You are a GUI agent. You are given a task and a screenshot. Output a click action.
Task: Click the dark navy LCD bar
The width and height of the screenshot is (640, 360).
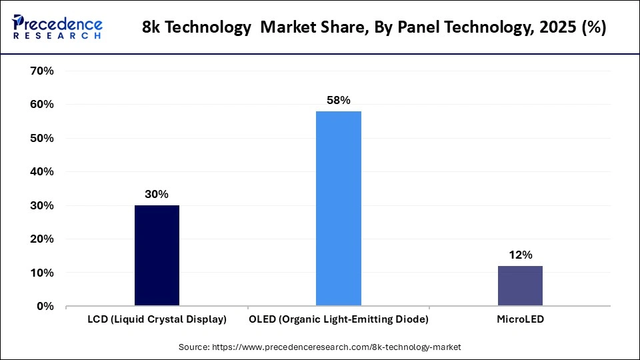157,256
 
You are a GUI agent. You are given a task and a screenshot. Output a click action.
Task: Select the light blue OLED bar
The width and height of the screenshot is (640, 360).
339,209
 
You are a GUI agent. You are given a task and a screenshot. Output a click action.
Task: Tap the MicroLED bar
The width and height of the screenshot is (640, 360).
520,286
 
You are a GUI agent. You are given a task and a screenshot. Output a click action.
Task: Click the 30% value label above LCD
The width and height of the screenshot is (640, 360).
157,194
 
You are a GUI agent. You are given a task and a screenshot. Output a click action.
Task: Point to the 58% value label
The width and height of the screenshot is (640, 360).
339,100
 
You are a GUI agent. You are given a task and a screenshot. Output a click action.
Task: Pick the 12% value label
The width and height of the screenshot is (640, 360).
520,255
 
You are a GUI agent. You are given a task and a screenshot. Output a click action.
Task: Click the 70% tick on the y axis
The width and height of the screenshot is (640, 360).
42,71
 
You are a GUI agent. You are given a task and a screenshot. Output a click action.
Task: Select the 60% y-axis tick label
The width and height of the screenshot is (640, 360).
42,105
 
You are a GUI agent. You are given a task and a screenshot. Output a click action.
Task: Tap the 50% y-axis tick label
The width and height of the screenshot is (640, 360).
42,138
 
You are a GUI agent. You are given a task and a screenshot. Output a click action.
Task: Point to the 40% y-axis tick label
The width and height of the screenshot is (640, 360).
42,172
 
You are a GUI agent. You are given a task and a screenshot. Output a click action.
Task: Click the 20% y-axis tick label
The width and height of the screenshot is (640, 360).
42,239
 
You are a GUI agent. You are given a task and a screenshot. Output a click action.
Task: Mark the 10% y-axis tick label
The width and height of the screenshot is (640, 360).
42,273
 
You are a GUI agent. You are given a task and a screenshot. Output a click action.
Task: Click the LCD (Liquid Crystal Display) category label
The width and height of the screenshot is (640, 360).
157,319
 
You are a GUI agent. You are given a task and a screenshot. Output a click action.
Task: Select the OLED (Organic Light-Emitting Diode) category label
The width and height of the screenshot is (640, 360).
339,319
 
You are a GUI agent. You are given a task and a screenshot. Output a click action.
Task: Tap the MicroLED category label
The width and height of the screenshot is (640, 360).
520,319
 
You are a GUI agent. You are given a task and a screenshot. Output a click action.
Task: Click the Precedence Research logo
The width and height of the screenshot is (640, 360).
57,27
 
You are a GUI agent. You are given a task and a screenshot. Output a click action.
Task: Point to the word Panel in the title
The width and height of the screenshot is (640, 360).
406,29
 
